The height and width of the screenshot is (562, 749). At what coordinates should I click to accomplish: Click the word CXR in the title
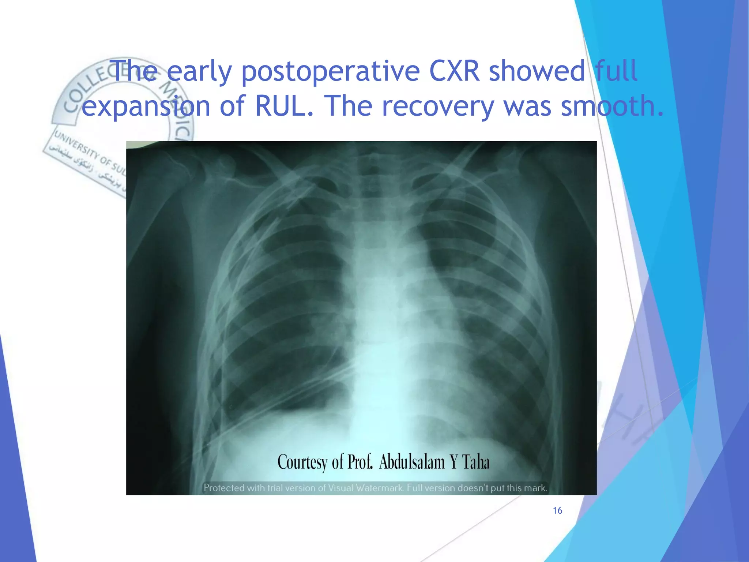[454, 71]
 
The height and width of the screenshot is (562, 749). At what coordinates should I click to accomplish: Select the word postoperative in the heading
[330, 72]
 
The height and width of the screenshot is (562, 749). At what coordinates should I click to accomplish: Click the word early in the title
[199, 72]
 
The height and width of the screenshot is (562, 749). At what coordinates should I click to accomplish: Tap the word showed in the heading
[537, 71]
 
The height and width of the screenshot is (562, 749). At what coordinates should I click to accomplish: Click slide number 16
[557, 511]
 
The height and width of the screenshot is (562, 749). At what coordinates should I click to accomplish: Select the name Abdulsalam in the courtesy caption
[411, 462]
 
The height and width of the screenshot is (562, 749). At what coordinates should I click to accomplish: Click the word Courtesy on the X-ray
[302, 462]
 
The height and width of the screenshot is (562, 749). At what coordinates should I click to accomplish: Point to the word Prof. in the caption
[360, 462]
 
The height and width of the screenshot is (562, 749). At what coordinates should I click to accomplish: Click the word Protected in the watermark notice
[224, 488]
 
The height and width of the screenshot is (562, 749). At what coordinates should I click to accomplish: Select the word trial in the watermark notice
[277, 488]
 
